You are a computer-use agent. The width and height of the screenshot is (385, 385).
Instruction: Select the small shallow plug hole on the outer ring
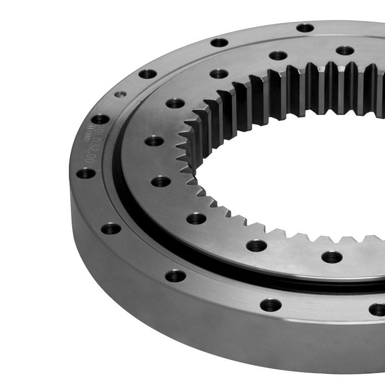pyautogui.click(x=120, y=94)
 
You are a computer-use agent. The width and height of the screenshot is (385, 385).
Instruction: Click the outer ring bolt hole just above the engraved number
pyautogui.click(x=100, y=119)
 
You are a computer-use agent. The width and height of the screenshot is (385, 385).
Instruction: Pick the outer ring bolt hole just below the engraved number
pyautogui.click(x=85, y=173)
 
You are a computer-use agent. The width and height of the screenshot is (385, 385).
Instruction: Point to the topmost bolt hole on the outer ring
pyautogui.click(x=305, y=28)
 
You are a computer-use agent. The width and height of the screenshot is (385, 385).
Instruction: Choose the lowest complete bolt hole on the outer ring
pyautogui.click(x=270, y=305)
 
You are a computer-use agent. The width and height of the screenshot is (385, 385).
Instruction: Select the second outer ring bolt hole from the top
pyautogui.click(x=219, y=42)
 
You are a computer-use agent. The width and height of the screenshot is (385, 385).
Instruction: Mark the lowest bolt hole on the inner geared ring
pyautogui.click(x=332, y=257)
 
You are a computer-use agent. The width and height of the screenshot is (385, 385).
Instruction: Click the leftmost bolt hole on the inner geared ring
pyautogui.click(x=154, y=141)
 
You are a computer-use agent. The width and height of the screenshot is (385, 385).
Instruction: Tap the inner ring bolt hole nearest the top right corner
pyautogui.click(x=345, y=51)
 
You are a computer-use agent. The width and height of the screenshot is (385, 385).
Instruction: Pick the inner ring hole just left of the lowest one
pyautogui.click(x=257, y=245)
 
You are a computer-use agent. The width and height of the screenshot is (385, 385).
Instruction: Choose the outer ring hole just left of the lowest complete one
pyautogui.click(x=175, y=276)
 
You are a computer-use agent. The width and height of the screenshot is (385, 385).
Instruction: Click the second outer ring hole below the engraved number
pyautogui.click(x=111, y=228)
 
